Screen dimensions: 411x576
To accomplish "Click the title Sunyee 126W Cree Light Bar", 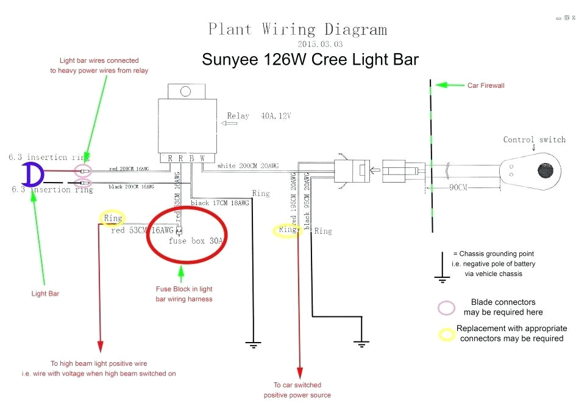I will point(310,59).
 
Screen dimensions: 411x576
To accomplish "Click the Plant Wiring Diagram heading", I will point(297,29).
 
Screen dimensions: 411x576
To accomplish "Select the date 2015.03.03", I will point(320,44).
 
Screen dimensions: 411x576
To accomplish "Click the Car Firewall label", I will point(486,85).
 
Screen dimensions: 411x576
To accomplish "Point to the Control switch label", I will point(534,140).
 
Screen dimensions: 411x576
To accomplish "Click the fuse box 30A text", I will point(196,241).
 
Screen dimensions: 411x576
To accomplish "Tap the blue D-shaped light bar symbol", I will point(32,175).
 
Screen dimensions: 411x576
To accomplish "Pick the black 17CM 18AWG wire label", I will point(220,203).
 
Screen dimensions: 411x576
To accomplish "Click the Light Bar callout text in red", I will point(45,294).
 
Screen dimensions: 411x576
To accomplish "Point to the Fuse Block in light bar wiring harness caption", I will point(184,294).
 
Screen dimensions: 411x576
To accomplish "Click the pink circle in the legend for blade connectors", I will point(447,308).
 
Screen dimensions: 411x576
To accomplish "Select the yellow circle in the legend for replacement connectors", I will point(448,333).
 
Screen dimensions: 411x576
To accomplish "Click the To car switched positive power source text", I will point(297,390).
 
